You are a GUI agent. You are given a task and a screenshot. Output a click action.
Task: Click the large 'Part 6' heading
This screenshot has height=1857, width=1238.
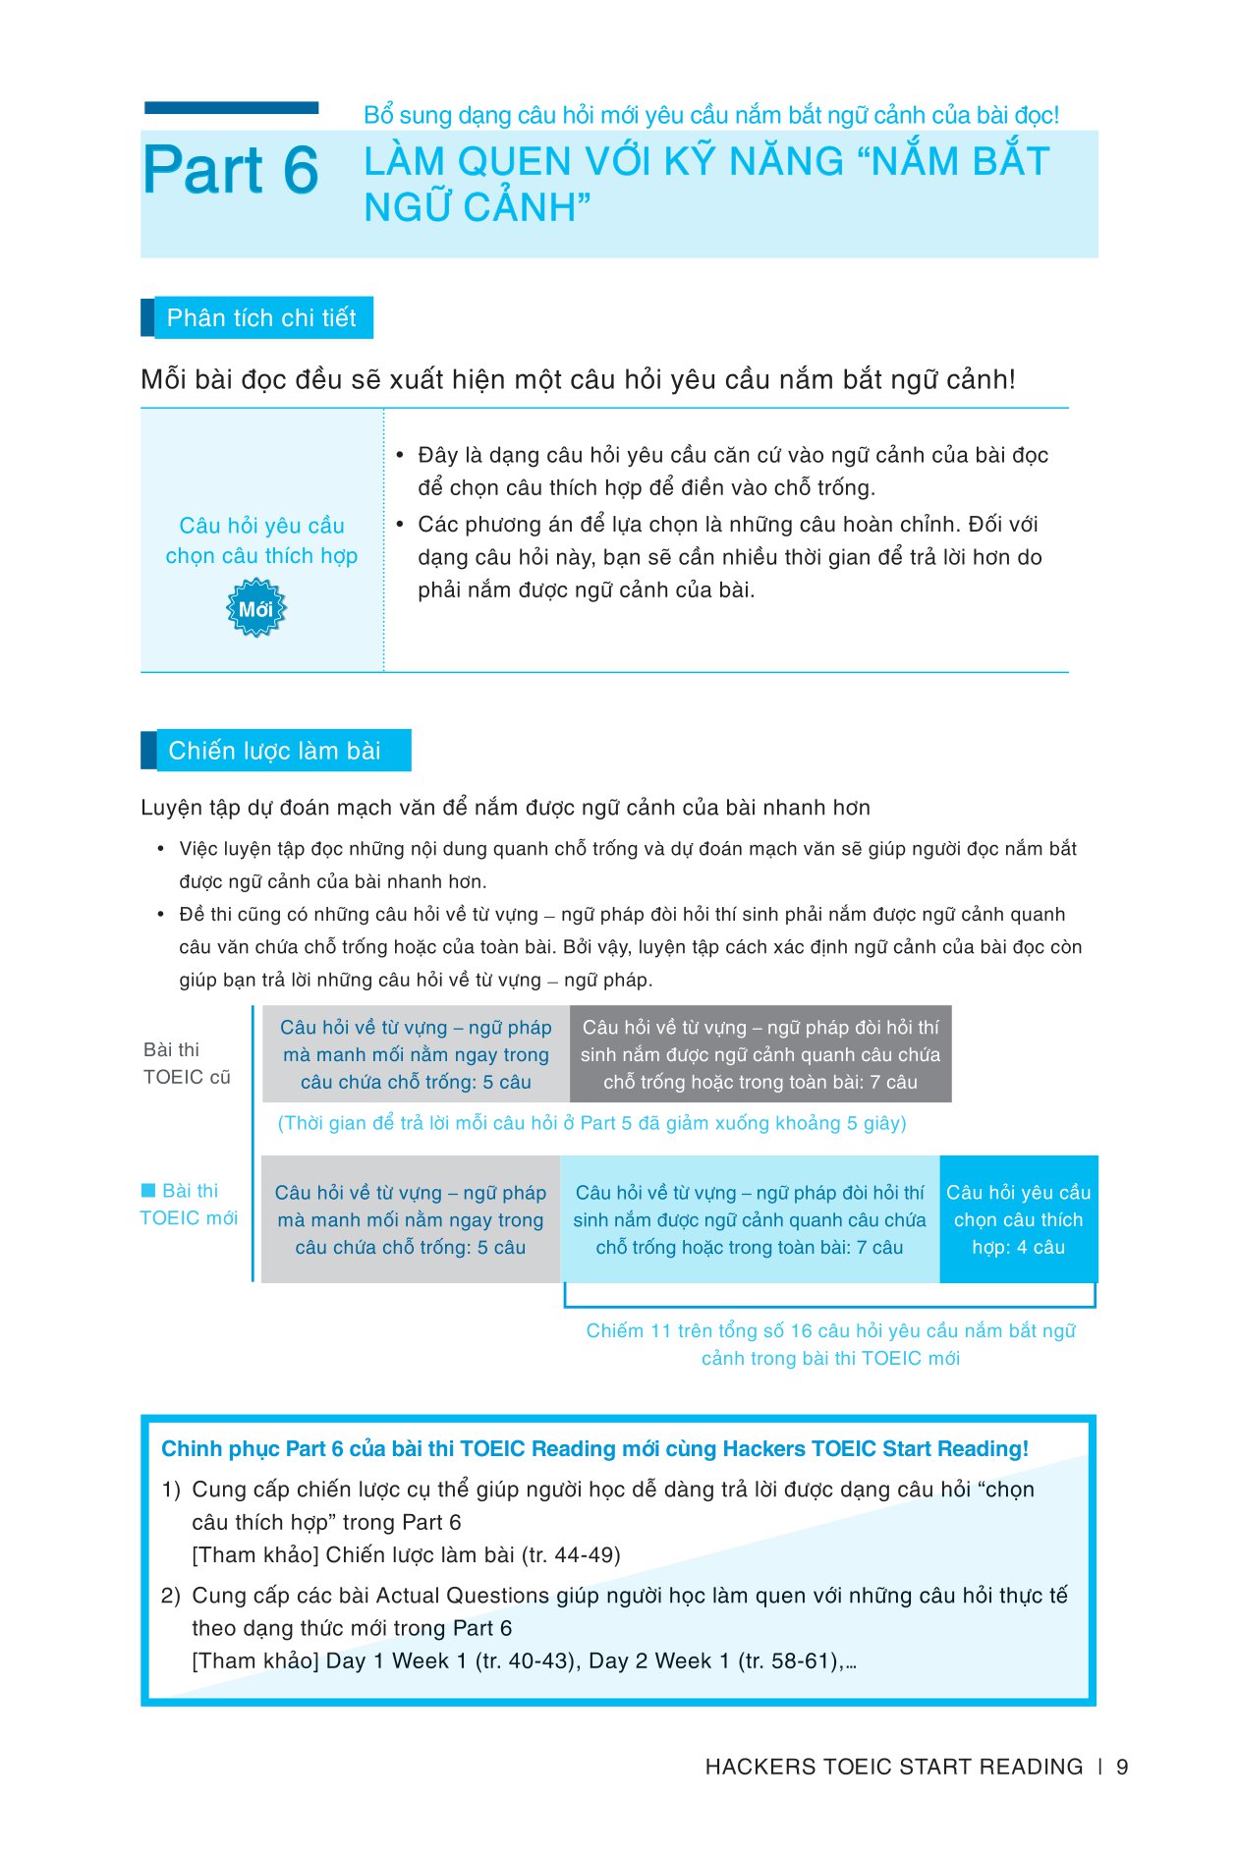click(x=231, y=171)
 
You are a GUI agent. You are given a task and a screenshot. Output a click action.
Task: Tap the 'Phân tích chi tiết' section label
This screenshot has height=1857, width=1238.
click(x=261, y=318)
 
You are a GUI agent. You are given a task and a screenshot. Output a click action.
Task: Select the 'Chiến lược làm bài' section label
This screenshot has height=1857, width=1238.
click(x=274, y=751)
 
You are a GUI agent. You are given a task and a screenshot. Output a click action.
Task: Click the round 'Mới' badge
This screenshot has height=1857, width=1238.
click(x=255, y=609)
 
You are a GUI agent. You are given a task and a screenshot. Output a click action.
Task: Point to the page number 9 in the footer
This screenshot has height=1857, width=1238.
click(x=1122, y=1767)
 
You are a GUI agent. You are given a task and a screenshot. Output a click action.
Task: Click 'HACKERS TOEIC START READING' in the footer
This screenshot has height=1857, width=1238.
click(x=893, y=1767)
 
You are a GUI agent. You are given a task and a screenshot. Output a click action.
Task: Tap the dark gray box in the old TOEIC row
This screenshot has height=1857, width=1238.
click(x=760, y=1054)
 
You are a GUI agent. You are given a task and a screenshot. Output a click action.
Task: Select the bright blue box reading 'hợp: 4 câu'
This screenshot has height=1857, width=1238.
click(x=1018, y=1219)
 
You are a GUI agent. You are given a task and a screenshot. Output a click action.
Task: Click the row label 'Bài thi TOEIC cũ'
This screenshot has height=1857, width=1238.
click(x=186, y=1064)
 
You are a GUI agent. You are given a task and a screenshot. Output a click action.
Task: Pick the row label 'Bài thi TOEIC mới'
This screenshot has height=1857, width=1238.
click(x=190, y=1205)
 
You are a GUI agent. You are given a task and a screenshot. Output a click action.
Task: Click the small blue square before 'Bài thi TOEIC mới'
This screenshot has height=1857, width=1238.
click(x=148, y=1191)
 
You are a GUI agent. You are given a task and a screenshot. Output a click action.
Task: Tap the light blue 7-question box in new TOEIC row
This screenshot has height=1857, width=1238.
click(x=749, y=1219)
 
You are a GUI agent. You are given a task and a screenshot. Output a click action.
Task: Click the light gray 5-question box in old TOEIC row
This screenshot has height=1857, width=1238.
click(x=416, y=1054)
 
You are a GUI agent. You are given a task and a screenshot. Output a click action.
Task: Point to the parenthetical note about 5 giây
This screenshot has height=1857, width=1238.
click(x=591, y=1123)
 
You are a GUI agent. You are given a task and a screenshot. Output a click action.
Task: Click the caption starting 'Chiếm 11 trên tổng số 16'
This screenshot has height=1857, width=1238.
click(x=830, y=1344)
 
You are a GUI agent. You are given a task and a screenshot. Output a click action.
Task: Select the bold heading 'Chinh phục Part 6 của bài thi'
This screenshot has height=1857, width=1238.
click(x=594, y=1449)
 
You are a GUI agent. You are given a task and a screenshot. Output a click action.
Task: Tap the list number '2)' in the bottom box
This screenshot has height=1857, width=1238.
click(x=171, y=1596)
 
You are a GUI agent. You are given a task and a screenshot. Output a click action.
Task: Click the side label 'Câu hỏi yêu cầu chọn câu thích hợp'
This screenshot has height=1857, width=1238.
click(x=261, y=540)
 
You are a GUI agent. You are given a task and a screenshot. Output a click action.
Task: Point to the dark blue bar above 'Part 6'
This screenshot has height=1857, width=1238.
click(x=231, y=107)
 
